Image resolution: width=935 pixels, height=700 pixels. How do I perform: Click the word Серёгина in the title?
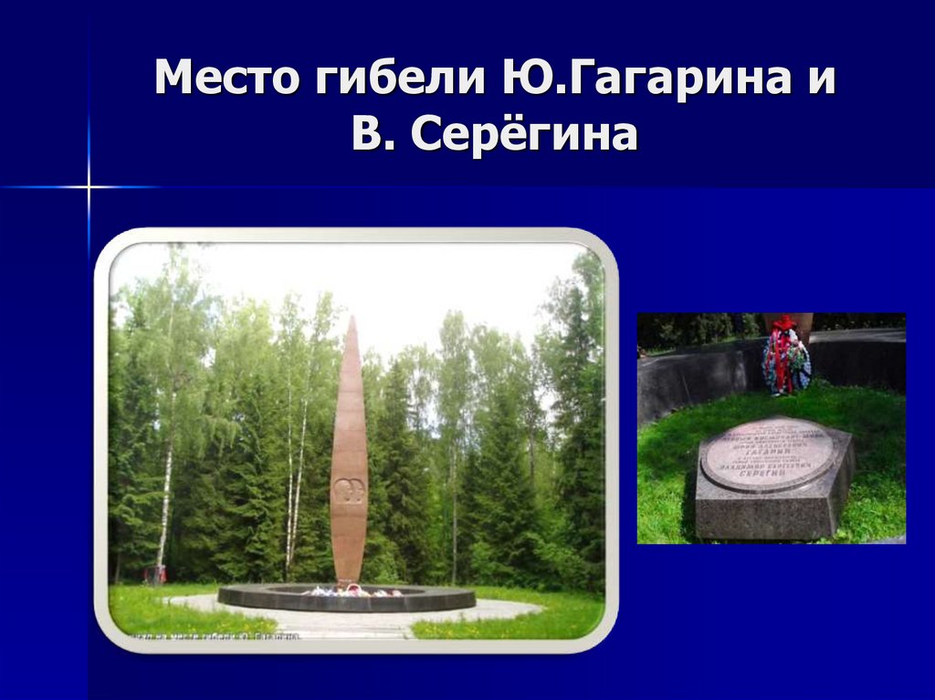coord(523,136)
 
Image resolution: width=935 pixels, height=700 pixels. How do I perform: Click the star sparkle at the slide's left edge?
coord(89,187)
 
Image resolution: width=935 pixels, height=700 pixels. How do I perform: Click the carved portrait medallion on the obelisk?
coord(349,491)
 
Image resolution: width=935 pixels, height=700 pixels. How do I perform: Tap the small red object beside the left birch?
coord(156,574)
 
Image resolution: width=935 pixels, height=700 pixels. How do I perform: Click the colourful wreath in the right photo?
coord(785,360)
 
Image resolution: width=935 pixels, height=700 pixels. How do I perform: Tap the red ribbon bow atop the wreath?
coord(784,322)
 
